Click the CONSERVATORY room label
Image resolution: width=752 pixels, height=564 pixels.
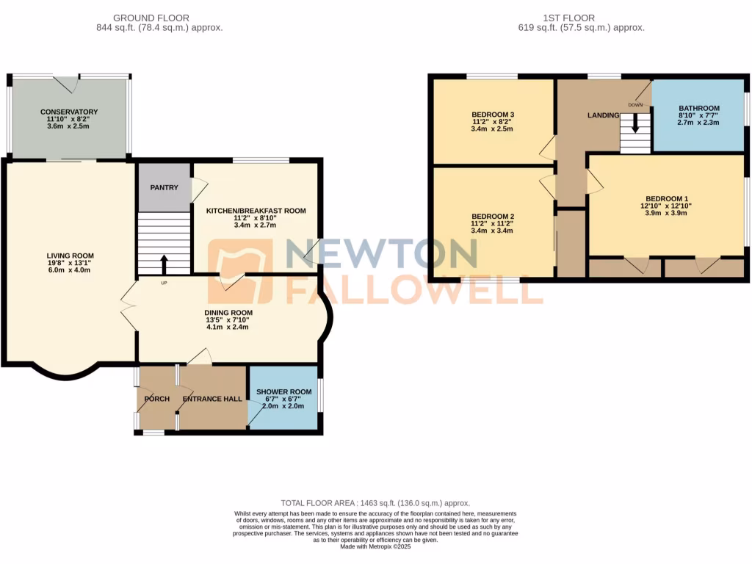pyautogui.click(x=69, y=112)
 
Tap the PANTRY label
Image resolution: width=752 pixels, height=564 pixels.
pyautogui.click(x=164, y=187)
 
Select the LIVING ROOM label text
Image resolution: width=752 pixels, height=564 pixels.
pyautogui.click(x=70, y=256)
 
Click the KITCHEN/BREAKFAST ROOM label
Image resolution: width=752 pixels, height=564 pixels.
pyautogui.click(x=256, y=211)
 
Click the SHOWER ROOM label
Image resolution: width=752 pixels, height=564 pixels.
pyautogui.click(x=283, y=391)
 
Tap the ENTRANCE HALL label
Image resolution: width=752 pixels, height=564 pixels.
pyautogui.click(x=212, y=399)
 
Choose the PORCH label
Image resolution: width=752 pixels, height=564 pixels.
pyautogui.click(x=157, y=399)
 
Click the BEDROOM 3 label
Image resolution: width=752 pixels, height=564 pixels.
pyautogui.click(x=492, y=115)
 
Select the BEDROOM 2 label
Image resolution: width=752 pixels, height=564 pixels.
pyautogui.click(x=492, y=216)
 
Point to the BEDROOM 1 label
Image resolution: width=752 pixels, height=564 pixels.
pyautogui.click(x=667, y=198)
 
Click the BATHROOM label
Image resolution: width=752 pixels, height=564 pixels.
pyautogui.click(x=698, y=108)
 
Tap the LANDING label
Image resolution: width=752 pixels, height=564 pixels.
pyautogui.click(x=604, y=115)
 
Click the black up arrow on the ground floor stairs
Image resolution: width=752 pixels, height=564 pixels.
pyautogui.click(x=163, y=264)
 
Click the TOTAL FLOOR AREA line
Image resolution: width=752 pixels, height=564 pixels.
pyautogui.click(x=375, y=502)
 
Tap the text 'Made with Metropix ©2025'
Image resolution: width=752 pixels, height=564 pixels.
pyautogui.click(x=375, y=546)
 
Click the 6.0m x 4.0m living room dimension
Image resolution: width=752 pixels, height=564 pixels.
pyautogui.click(x=70, y=270)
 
